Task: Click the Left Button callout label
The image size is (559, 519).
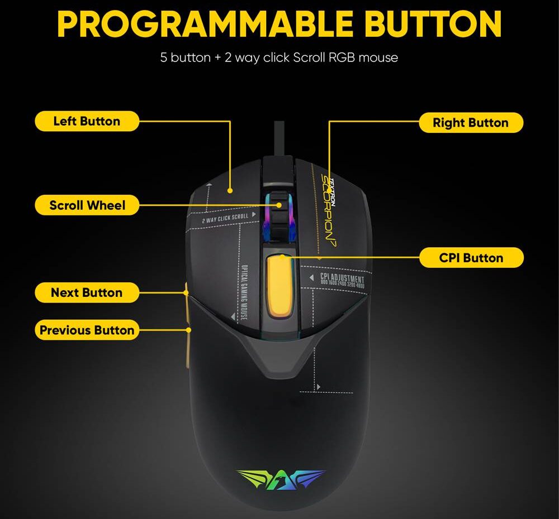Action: [x=87, y=121]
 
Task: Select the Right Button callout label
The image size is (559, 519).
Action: [x=471, y=123]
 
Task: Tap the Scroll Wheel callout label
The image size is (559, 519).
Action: [x=87, y=205]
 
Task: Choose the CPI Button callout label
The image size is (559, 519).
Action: [x=471, y=258]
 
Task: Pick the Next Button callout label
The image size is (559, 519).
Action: [x=87, y=292]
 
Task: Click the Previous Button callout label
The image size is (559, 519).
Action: [x=87, y=330]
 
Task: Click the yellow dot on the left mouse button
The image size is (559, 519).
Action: [x=230, y=190]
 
